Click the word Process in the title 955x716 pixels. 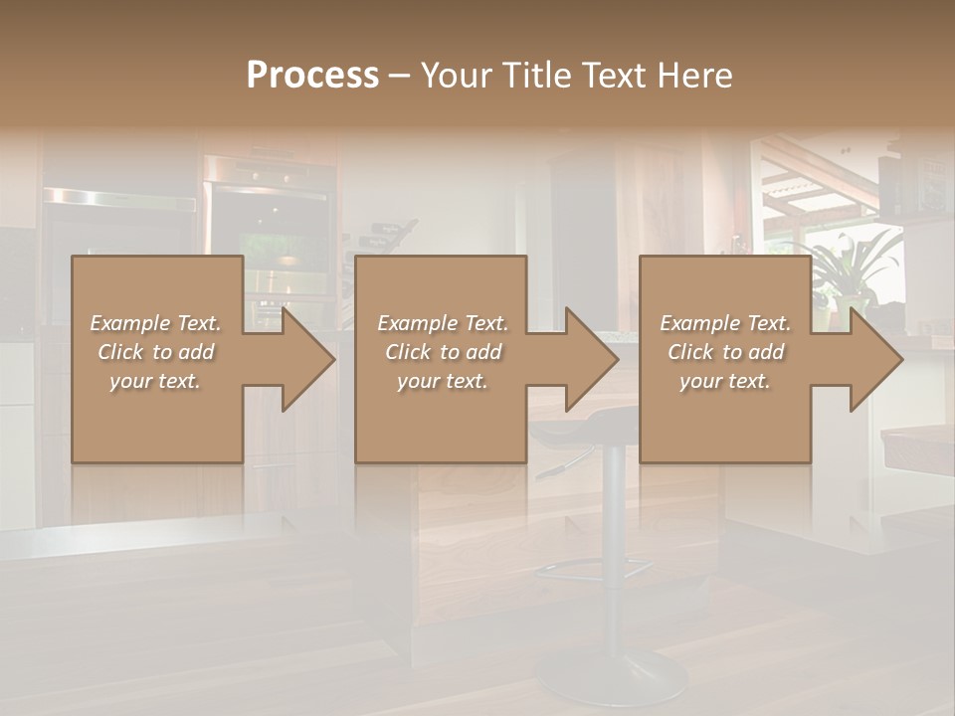point(312,76)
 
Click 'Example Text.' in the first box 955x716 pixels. point(156,323)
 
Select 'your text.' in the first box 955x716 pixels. point(156,381)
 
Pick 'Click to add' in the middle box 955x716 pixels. point(443,352)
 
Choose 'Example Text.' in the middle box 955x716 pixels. point(443,323)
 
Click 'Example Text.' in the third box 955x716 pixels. point(725,323)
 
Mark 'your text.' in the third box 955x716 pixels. point(725,381)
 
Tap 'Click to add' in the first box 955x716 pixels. point(156,352)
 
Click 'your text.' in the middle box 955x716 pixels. point(443,381)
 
